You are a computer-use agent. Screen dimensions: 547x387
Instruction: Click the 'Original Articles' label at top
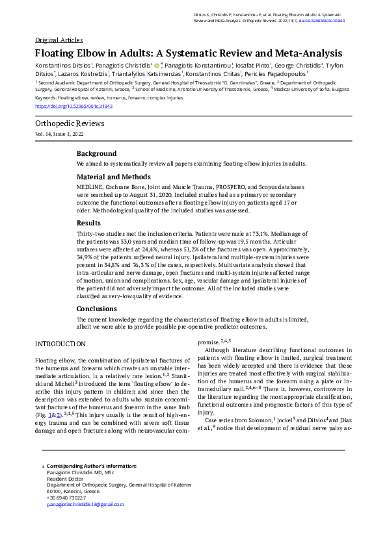pyautogui.click(x=59, y=39)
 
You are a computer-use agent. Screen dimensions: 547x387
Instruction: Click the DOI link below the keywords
pyautogui.click(x=73, y=106)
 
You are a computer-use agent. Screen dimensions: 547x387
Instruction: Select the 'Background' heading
pyautogui.click(x=96, y=153)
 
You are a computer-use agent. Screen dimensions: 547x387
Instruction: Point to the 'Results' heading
pyautogui.click(x=88, y=223)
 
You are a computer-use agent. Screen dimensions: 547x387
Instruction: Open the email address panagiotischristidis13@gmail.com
pyautogui.click(x=85, y=504)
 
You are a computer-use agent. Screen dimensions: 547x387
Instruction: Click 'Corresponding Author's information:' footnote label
pyautogui.click(x=92, y=466)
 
